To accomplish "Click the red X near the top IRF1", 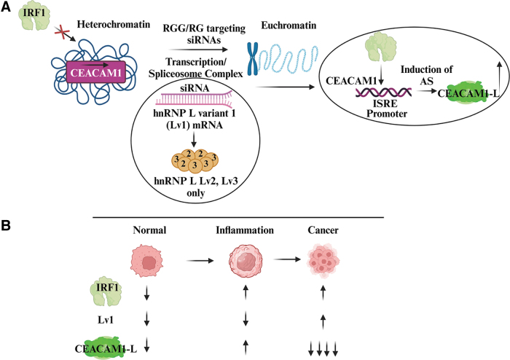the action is pos(62,33).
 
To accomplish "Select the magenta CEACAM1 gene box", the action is pos(96,71).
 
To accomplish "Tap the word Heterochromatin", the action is pos(114,24).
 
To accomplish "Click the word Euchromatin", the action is pos(289,25).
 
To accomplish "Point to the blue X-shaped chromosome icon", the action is pos(253,58).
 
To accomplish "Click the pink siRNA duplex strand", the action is pos(195,98).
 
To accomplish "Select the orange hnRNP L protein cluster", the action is pos(195,161).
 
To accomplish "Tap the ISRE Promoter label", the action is pos(387,109).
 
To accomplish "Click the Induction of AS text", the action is pos(426,75).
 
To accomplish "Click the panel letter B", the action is pos(6,225).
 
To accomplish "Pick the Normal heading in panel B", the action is pos(149,230).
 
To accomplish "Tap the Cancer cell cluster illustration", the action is pos(323,261).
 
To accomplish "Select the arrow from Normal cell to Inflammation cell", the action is pos(200,260).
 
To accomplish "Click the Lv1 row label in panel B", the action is pos(106,320).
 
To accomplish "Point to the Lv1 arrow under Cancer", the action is pos(323,321).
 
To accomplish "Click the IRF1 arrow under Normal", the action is pos(146,293).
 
